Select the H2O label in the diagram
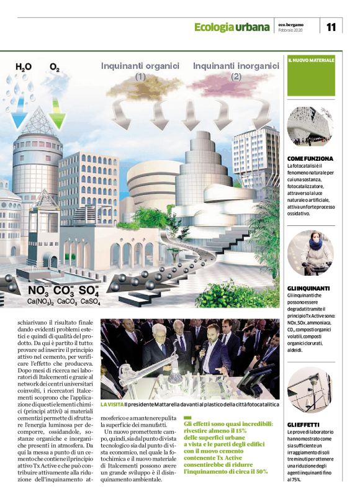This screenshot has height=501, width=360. pyautogui.click(x=24, y=67)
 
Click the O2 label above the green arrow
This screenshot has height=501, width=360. pyautogui.click(x=55, y=68)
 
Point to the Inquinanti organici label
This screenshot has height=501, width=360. pyautogui.click(x=140, y=65)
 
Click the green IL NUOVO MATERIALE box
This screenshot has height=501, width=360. pyautogui.click(x=311, y=76)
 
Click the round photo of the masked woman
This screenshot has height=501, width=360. pyautogui.click(x=310, y=253)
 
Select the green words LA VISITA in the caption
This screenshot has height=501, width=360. pyautogui.click(x=112, y=404)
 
